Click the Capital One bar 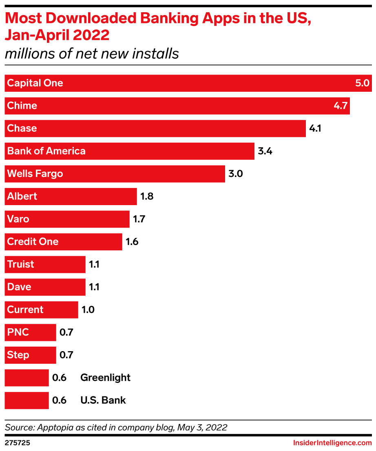188,83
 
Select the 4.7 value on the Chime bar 340,106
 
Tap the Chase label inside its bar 22,128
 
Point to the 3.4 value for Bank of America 265,151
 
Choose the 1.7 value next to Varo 139,219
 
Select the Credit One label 33,242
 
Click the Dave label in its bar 19,287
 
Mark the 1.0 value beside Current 88,310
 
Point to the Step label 18,355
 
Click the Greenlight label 105,378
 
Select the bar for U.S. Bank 27,400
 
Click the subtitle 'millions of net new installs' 92,53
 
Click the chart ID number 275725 16,442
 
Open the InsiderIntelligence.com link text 332,442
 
